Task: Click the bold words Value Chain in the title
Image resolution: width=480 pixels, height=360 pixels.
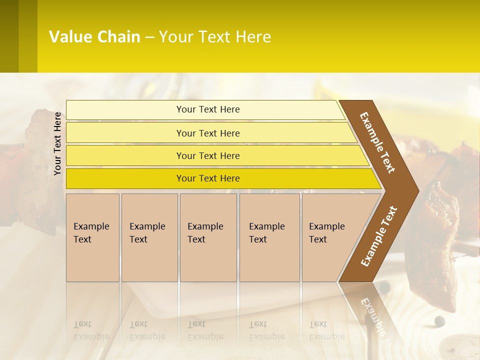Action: pyautogui.click(x=94, y=37)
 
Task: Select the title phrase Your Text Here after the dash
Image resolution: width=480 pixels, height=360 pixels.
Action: pyautogui.click(x=215, y=37)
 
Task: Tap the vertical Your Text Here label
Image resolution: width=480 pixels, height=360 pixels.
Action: pyautogui.click(x=57, y=143)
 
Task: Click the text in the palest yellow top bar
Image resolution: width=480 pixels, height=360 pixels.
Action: pyautogui.click(x=208, y=109)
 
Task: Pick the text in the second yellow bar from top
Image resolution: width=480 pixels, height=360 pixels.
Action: pyautogui.click(x=208, y=133)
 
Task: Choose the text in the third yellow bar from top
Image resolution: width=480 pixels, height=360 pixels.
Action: pyautogui.click(x=208, y=156)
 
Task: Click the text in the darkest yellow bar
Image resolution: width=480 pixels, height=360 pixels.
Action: pyautogui.click(x=208, y=178)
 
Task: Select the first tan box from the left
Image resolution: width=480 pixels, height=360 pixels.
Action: pyautogui.click(x=92, y=237)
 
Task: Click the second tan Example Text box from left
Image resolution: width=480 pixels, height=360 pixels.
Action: pyautogui.click(x=149, y=237)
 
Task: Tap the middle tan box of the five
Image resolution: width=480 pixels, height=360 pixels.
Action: pyautogui.click(x=208, y=237)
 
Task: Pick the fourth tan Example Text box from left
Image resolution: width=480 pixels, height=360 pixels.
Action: pyautogui.click(x=269, y=237)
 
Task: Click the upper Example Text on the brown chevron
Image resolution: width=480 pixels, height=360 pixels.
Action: pyautogui.click(x=378, y=142)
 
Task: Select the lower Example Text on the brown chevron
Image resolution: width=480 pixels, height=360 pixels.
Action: pyautogui.click(x=379, y=236)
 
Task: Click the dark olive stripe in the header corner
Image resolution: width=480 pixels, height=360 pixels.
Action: pyautogui.click(x=9, y=36)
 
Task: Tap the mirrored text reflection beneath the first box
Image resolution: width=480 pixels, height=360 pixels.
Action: pyautogui.click(x=91, y=330)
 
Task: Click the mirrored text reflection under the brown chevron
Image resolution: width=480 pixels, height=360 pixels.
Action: pyautogui.click(x=372, y=315)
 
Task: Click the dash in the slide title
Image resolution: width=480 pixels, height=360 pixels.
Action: pyautogui.click(x=149, y=37)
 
